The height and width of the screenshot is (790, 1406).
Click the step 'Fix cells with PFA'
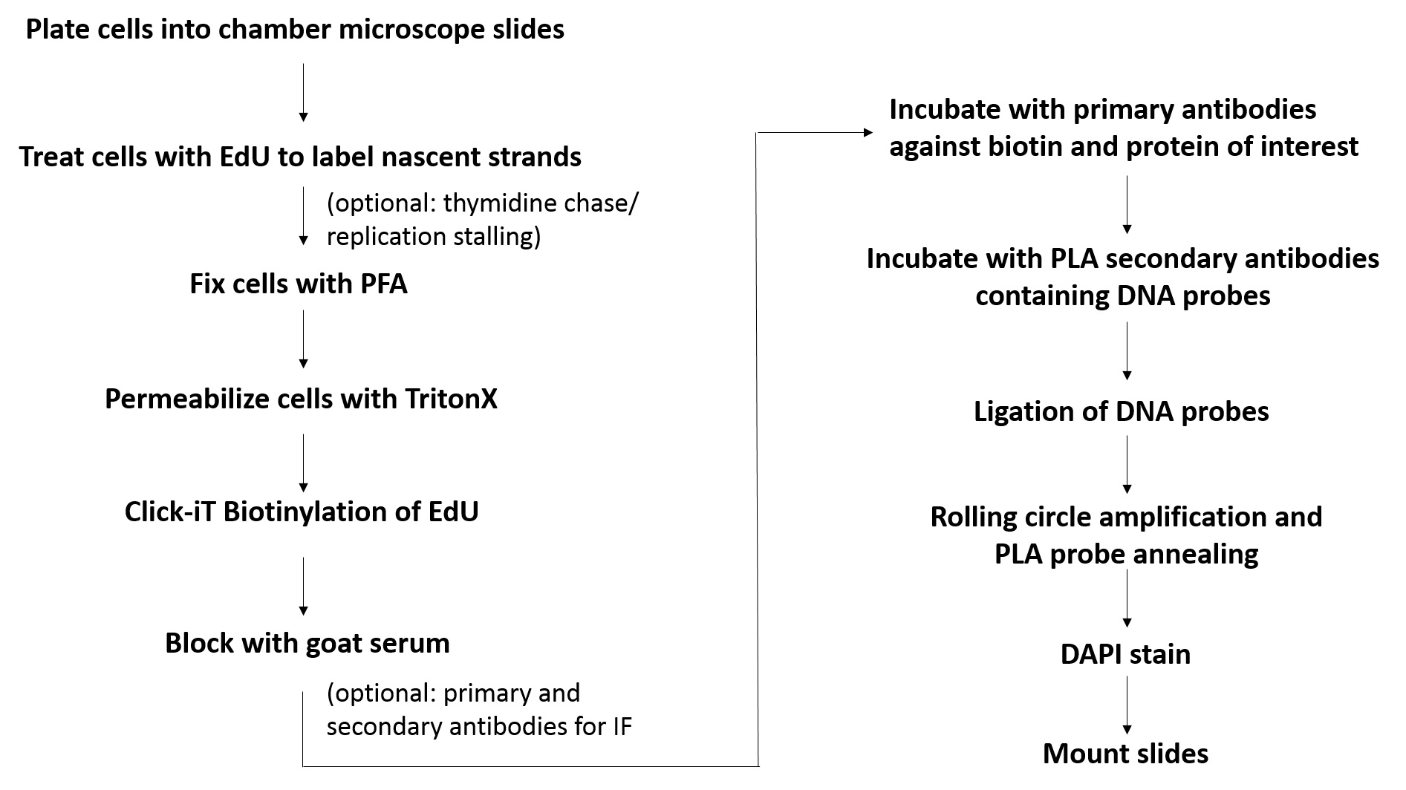pyautogui.click(x=299, y=284)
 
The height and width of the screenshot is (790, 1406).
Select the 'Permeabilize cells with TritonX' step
pyautogui.click(x=301, y=399)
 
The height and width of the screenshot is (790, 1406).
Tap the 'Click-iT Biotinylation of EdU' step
pyautogui.click(x=302, y=512)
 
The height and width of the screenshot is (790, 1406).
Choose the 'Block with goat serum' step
pyautogui.click(x=307, y=643)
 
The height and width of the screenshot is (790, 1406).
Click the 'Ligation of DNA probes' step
pyautogui.click(x=1122, y=412)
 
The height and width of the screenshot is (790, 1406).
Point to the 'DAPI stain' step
pyautogui.click(x=1126, y=655)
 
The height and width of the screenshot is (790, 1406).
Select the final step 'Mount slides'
pyautogui.click(x=1126, y=754)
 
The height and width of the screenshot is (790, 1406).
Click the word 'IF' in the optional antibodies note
pyautogui.click(x=622, y=726)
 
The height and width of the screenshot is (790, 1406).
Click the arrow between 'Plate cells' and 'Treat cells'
pyautogui.click(x=303, y=92)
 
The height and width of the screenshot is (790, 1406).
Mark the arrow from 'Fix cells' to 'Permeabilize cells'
pyautogui.click(x=303, y=339)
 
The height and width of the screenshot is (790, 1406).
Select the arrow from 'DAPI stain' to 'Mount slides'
pyautogui.click(x=1127, y=705)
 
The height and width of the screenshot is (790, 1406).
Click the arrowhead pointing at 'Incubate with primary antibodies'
pyautogui.click(x=869, y=133)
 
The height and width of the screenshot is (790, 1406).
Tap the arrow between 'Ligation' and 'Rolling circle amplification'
pyautogui.click(x=1127, y=465)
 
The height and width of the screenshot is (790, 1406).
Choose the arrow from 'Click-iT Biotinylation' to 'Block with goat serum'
pyautogui.click(x=303, y=587)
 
